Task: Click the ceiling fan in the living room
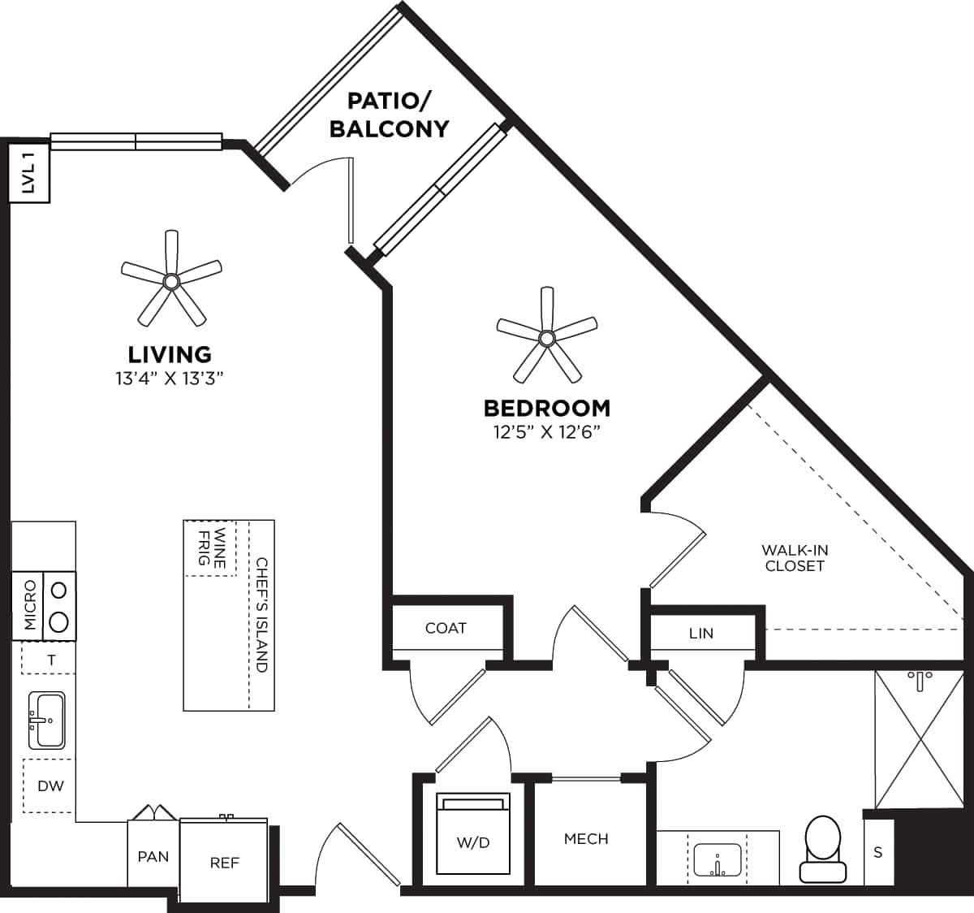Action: tap(170, 281)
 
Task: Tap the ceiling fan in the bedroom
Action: tap(547, 337)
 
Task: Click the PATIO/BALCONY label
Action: tap(389, 115)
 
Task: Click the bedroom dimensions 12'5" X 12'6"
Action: tap(546, 431)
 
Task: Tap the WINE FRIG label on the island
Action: tap(211, 548)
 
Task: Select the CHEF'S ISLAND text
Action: tap(261, 614)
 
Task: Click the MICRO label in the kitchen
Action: tap(30, 605)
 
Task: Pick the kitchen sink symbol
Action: tap(46, 720)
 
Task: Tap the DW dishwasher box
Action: tap(50, 785)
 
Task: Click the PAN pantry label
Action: tap(153, 856)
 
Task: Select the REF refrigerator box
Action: tap(224, 861)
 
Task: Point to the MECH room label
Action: tap(586, 838)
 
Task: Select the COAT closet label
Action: tap(446, 628)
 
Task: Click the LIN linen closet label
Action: tap(700, 633)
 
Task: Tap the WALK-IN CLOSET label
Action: tap(795, 558)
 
